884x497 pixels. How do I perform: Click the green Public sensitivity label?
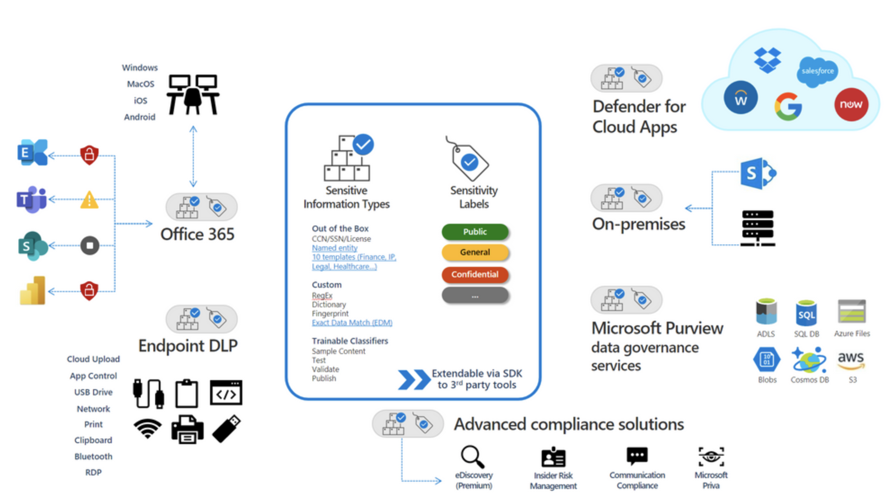[475, 232]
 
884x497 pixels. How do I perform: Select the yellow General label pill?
[475, 253]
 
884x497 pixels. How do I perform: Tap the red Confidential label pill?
[475, 275]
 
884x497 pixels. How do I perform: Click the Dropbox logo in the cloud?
[767, 60]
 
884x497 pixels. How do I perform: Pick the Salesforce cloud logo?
[817, 71]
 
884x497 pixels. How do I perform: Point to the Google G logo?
[788, 106]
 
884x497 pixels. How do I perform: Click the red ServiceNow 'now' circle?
[851, 104]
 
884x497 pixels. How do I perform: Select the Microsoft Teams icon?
[31, 199]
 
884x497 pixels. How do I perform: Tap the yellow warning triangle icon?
[89, 200]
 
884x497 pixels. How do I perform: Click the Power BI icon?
[33, 291]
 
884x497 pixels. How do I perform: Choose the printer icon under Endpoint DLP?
[187, 429]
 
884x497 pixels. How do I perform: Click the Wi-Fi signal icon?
[147, 428]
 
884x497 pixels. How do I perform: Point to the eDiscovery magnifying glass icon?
[473, 457]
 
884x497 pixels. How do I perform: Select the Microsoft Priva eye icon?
[711, 457]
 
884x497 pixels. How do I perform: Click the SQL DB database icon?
[806, 313]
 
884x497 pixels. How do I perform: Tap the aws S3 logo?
[851, 360]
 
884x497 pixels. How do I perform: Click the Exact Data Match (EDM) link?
[352, 323]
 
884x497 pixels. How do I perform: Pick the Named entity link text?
[335, 248]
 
